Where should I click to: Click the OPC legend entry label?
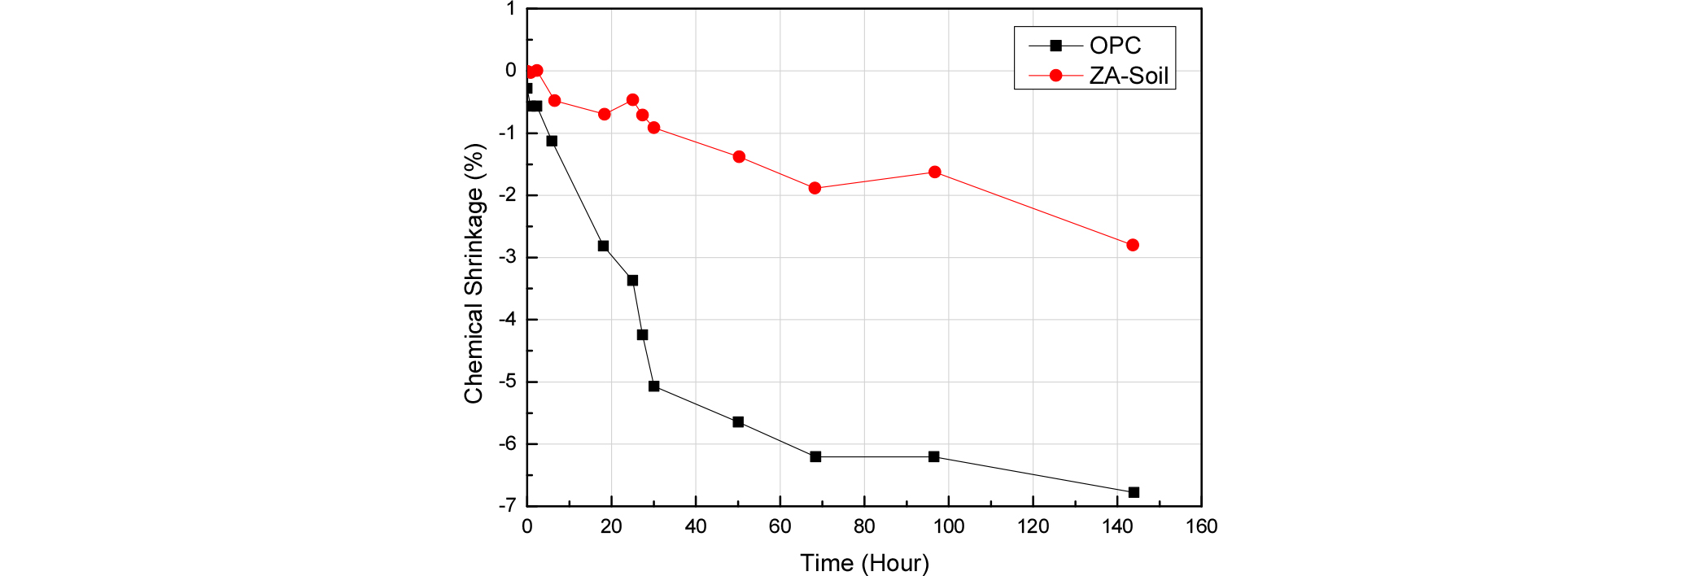pos(1115,46)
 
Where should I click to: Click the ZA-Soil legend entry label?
pos(1129,76)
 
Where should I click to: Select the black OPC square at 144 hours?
pos(1134,492)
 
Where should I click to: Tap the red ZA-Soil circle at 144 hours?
pos(1133,245)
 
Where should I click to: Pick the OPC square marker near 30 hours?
pos(653,386)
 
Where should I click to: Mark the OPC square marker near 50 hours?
pos(738,422)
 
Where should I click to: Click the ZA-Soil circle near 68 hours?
pos(815,188)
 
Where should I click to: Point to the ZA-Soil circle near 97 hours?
pos(935,172)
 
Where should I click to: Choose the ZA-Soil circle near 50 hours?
pos(739,157)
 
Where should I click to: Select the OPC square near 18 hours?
pos(603,246)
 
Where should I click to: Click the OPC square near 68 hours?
pos(815,456)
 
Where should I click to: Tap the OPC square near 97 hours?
pos(933,456)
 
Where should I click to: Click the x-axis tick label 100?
pos(949,527)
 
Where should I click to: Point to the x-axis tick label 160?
pos(1201,527)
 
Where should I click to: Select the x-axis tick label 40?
pos(696,527)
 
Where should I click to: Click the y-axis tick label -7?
pos(507,505)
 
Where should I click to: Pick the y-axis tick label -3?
pos(507,257)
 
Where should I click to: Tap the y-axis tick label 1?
pos(510,9)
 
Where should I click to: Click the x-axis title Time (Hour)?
pos(864,563)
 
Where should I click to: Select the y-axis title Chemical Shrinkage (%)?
pos(474,273)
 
